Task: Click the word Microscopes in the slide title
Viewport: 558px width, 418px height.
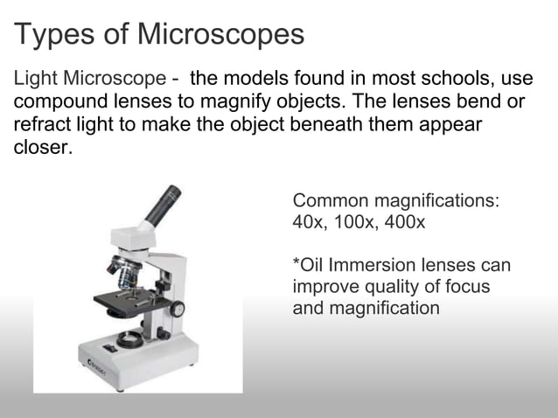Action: point(220,34)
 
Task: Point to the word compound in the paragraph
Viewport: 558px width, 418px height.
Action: point(55,102)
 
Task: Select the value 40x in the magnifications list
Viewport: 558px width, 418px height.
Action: point(307,222)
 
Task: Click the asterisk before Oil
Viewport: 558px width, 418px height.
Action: point(296,263)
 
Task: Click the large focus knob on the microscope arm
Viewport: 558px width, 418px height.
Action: point(178,309)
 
